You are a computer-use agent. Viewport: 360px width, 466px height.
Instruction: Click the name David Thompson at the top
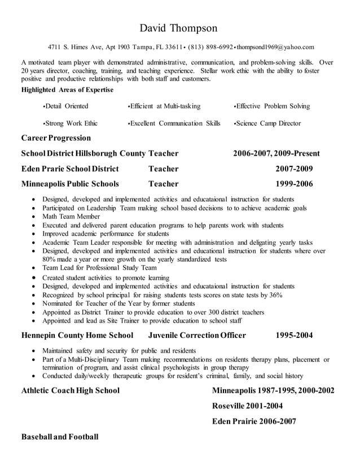[x=178, y=28]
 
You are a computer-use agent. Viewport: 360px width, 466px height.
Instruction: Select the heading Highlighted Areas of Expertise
[x=67, y=90]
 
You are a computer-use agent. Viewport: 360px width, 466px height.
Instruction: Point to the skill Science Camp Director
[x=268, y=123]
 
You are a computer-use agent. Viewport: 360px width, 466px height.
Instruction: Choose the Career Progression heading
[x=56, y=138]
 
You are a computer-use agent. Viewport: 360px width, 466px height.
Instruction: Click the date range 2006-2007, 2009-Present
[x=276, y=153]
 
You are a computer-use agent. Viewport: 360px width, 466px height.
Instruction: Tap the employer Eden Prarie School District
[x=70, y=169]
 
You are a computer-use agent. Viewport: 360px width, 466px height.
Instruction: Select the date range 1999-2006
[x=294, y=184]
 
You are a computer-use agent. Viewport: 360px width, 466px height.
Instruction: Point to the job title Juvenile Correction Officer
[x=197, y=335]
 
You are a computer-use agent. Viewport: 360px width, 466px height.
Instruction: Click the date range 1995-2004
[x=294, y=335]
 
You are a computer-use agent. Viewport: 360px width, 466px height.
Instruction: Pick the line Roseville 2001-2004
[x=247, y=406]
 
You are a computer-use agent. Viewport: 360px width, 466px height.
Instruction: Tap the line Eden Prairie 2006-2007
[x=254, y=421]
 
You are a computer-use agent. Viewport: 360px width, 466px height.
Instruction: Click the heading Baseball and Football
[x=60, y=437]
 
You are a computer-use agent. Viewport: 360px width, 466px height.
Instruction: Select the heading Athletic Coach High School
[x=71, y=390]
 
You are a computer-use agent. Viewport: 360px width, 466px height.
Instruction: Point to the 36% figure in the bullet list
[x=276, y=295]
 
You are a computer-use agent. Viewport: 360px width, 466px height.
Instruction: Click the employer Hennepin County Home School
[x=77, y=335]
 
